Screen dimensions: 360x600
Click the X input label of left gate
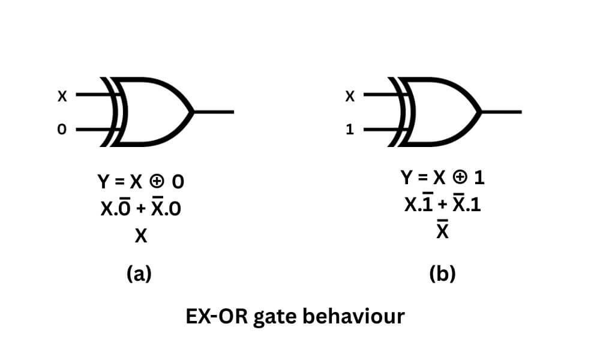[x=62, y=95]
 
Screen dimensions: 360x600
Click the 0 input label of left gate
[x=61, y=129]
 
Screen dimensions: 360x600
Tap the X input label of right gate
[x=350, y=95]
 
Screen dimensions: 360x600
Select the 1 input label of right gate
[x=350, y=129]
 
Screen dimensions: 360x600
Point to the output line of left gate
[x=214, y=112]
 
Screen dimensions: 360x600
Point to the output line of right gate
[x=502, y=112]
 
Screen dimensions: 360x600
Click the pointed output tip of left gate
[x=192, y=112]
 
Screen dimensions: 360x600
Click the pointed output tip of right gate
[x=480, y=112]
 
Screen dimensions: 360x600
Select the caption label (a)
[x=140, y=274]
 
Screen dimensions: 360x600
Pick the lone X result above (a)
[x=141, y=237]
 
